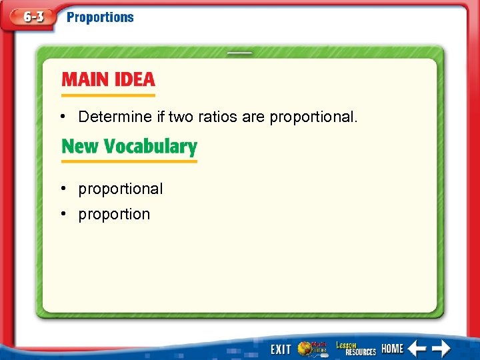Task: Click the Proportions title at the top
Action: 100,17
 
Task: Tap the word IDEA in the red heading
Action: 132,80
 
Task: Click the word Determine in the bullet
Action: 115,117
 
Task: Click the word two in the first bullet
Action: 180,117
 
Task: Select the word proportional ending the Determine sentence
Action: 313,118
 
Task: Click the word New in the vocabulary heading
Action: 80,147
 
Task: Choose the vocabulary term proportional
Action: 120,189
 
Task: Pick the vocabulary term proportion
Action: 114,215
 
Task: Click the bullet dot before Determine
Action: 61,117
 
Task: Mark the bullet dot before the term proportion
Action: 61,214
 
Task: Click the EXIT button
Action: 281,349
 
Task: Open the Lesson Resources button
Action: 355,348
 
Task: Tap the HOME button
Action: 392,349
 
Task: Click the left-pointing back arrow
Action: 417,348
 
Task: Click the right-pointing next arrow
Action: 441,348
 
